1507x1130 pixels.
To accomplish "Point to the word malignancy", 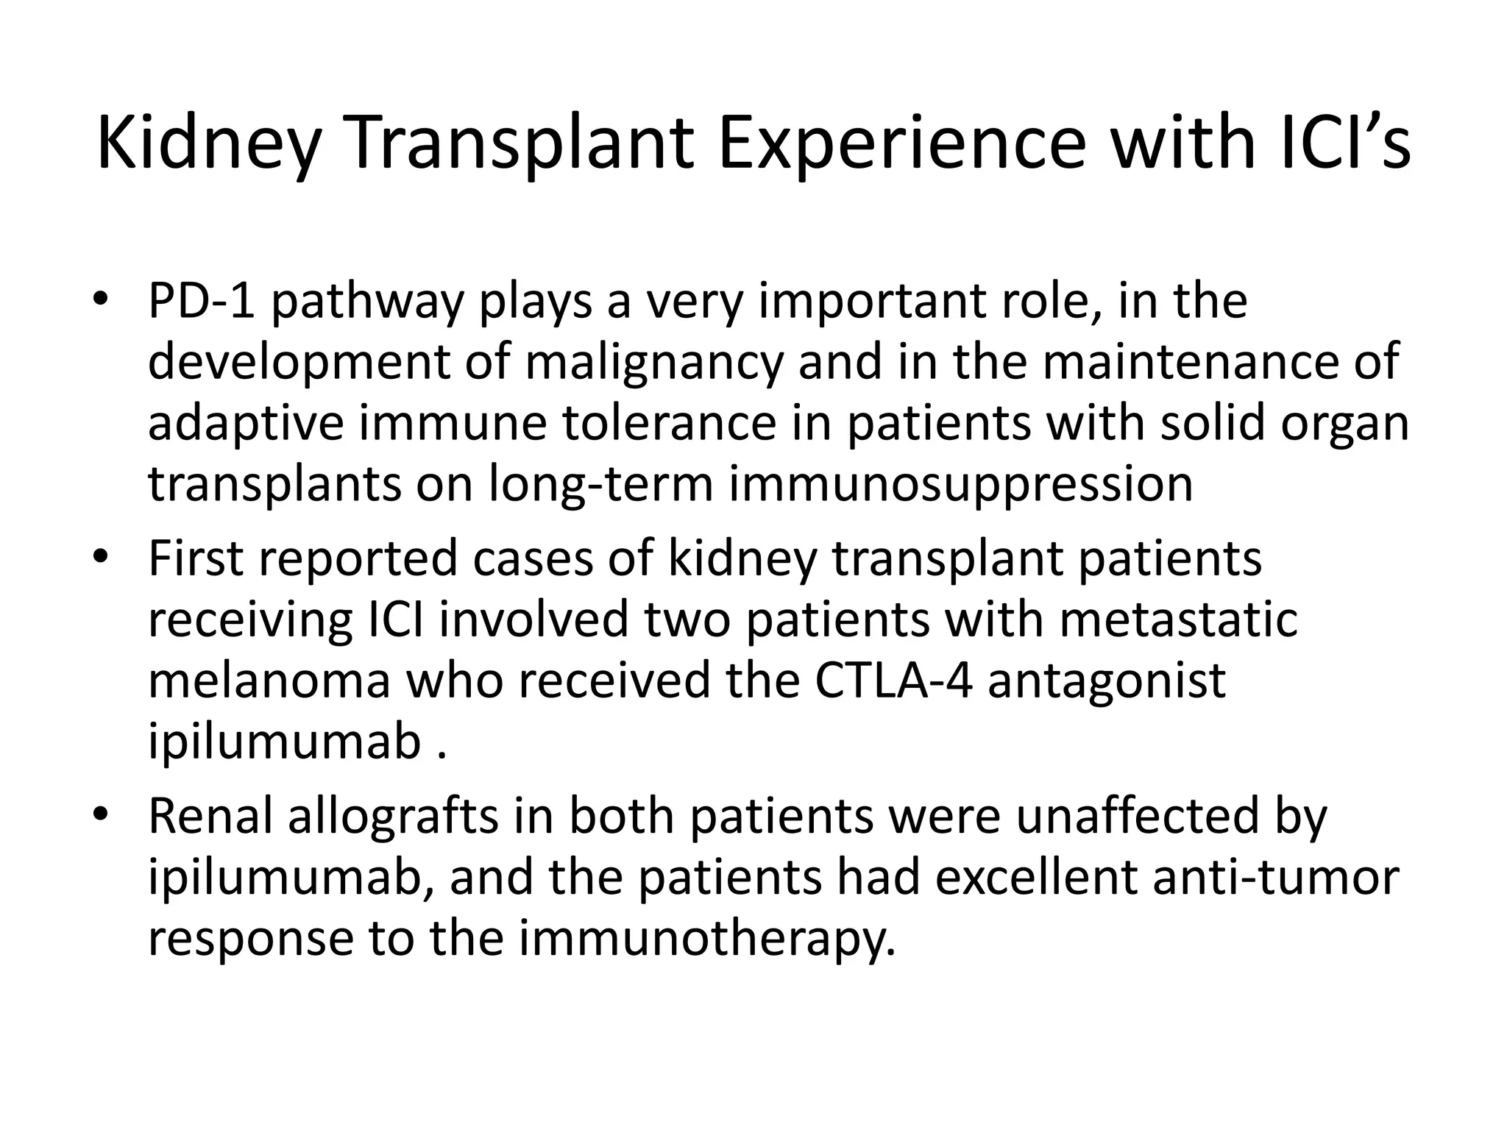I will pyautogui.click(x=654, y=363).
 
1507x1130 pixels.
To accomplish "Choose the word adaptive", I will pyautogui.click(x=246, y=425).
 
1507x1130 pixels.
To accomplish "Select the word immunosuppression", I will pyautogui.click(x=961, y=486).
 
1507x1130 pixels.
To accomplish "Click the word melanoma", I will pyautogui.click(x=269, y=681).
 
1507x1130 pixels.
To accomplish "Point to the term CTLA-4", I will pyautogui.click(x=893, y=681).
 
